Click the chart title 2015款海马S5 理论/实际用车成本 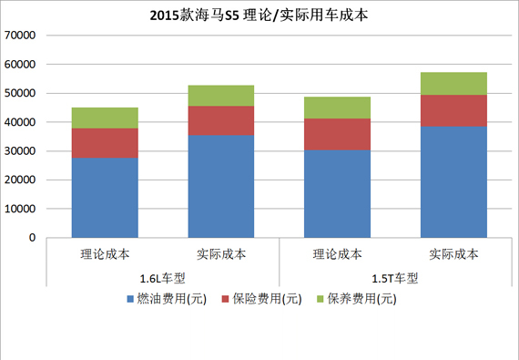coord(259,15)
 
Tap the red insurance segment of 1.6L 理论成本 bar coord(105,143)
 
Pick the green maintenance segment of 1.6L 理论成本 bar coord(105,118)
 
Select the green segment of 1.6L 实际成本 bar coord(221,96)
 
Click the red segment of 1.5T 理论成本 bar coord(337,134)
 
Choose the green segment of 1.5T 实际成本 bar coord(453,83)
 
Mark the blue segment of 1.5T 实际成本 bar coord(453,181)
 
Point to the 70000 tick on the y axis coord(19,36)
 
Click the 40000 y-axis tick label coord(19,122)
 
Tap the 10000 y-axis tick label coord(19,209)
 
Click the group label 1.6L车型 coord(163,278)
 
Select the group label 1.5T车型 coord(395,278)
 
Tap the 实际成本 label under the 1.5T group coord(453,254)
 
